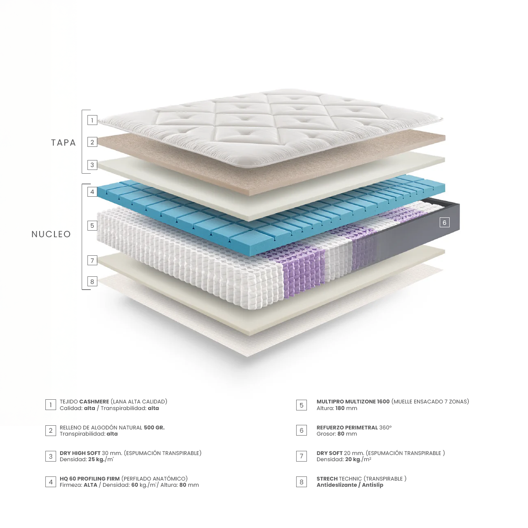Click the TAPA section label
64,143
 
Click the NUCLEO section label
51,234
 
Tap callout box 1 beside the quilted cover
92,120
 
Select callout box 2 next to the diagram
92,142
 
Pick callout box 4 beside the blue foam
92,192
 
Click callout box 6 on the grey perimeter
444,222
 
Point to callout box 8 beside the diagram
92,282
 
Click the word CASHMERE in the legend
94,401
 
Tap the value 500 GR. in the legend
154,427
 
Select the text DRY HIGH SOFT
80,453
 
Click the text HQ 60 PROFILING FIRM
90,478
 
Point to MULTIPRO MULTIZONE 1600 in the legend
353,401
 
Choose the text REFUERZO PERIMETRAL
347,427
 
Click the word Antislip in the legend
372,485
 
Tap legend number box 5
302,405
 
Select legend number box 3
51,456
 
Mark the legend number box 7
302,456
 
